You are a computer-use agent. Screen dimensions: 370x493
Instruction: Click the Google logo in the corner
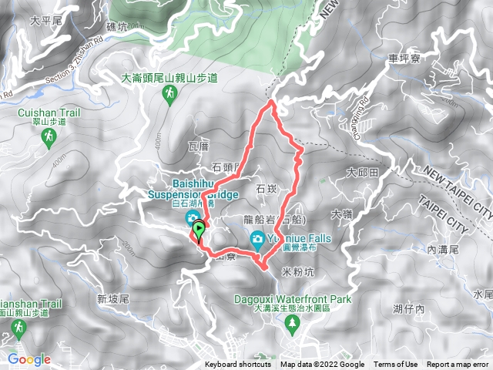29,359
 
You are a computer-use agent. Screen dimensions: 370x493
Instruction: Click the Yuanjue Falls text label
299,239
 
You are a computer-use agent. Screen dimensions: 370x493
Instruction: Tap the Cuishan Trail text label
49,113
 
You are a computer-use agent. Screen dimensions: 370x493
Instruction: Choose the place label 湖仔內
408,309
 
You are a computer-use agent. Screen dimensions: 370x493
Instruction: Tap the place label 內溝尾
441,251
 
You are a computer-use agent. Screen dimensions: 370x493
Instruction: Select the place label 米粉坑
299,272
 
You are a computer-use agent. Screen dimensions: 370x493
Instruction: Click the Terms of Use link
396,365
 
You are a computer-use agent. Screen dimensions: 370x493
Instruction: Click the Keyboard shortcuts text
238,365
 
